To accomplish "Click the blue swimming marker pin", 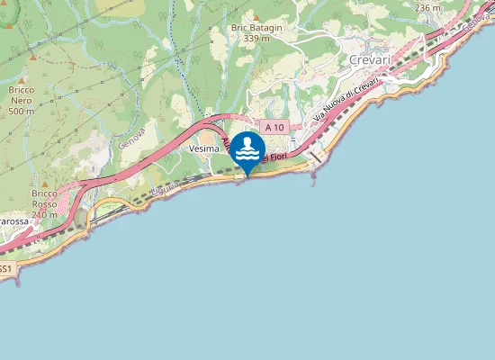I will (x=247, y=151).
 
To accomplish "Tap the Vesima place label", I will (x=204, y=148).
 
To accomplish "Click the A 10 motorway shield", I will (x=274, y=128).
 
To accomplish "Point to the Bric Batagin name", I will (x=256, y=28).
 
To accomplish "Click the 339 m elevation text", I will (x=256, y=38).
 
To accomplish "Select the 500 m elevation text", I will (x=22, y=112).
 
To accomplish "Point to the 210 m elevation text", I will (x=43, y=215).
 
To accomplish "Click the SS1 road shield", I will (x=5, y=268).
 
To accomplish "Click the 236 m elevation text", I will (x=428, y=7).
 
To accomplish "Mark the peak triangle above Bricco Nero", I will (x=33, y=58).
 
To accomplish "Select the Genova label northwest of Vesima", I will (x=131, y=137).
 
